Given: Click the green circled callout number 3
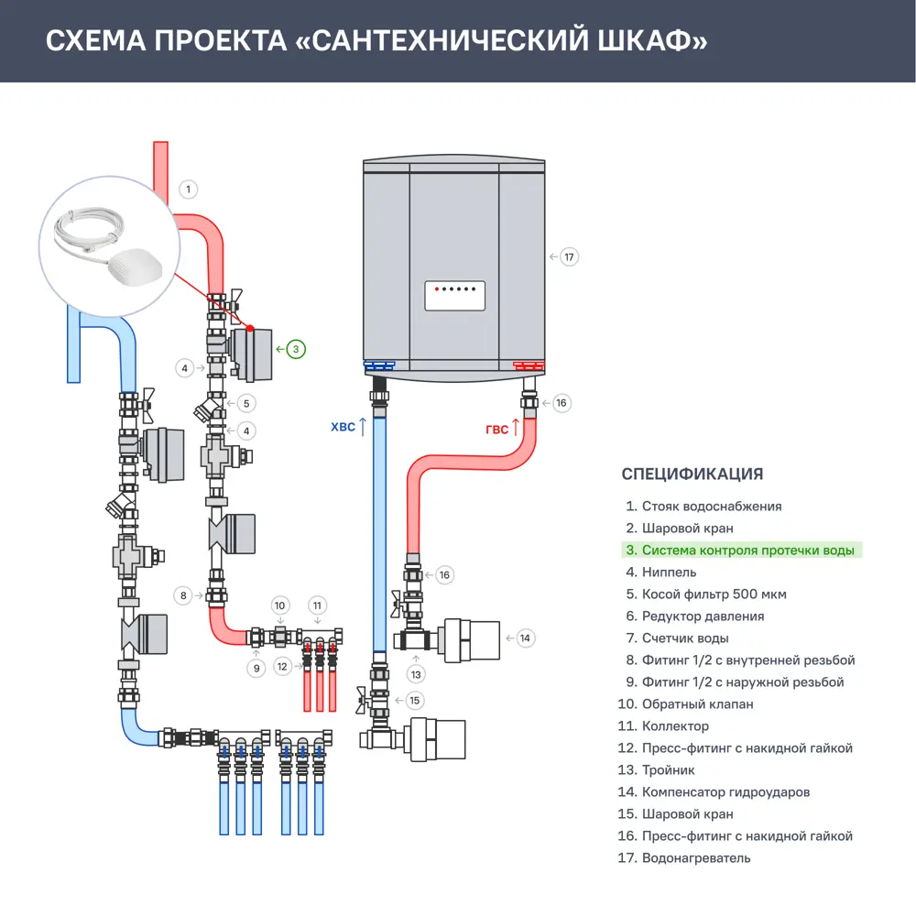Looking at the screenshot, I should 296,349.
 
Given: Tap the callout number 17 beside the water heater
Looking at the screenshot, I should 569,256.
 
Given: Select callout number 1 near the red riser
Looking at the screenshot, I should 187,190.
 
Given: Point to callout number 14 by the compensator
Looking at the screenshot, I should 524,638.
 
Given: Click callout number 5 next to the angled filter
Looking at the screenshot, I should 245,402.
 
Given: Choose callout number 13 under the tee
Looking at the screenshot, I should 417,674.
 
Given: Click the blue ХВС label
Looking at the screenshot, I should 343,426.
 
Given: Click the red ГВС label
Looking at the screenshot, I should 496,429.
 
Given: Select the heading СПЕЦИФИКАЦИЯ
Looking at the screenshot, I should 692,474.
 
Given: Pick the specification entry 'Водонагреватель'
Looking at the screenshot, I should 696,858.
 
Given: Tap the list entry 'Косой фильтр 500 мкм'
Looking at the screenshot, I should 714,594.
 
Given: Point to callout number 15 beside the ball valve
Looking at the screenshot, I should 415,701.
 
